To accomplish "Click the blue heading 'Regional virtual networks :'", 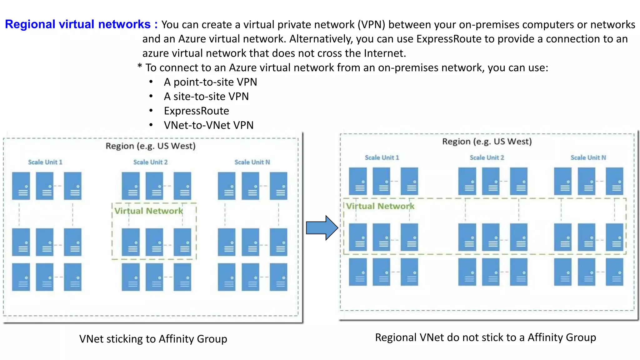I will point(81,24).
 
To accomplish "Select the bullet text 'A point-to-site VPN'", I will point(210,82).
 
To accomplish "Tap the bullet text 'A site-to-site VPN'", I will point(206,97).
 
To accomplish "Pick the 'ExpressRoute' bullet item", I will point(196,111).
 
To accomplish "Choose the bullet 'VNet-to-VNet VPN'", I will point(208,125).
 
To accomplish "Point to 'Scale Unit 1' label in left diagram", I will point(45,162).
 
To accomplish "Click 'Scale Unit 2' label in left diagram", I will point(150,162).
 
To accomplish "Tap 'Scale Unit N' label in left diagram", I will point(252,162).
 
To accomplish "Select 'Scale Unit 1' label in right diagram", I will point(382,157).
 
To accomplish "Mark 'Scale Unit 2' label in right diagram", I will point(487,157).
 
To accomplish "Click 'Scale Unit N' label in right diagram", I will point(588,157).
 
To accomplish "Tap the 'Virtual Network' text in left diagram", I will point(148,211).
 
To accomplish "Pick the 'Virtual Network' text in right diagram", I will point(380,206).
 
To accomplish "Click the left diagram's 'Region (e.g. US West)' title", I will point(150,146).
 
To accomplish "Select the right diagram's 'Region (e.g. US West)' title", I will point(487,142).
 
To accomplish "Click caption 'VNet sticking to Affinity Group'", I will point(153,339).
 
